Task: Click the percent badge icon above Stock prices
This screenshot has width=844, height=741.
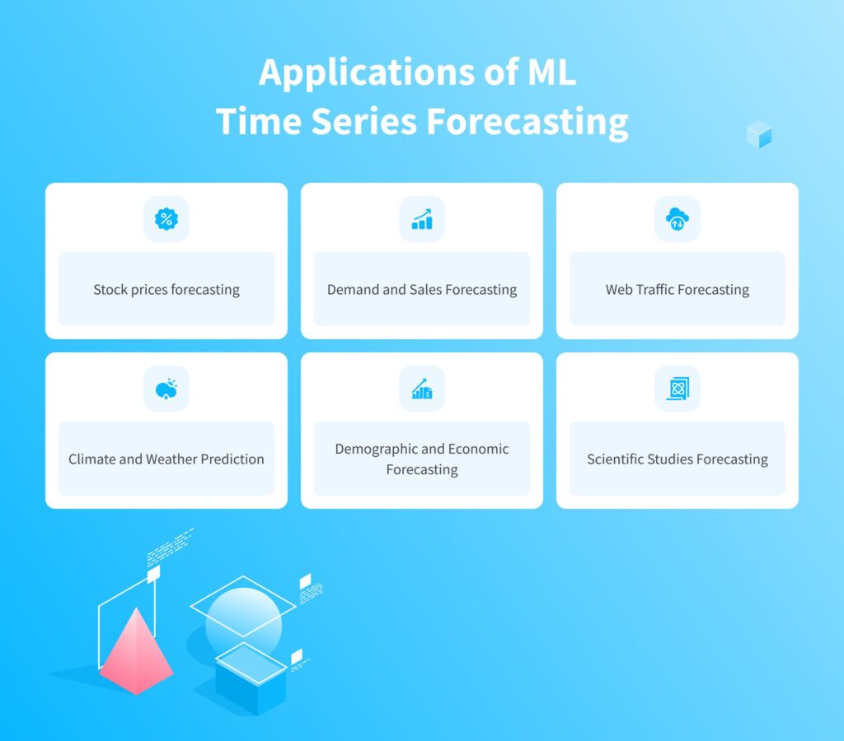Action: (x=166, y=219)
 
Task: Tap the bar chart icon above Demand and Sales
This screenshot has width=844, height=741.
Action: (x=422, y=219)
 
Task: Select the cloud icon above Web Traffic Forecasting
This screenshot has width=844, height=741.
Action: (x=678, y=219)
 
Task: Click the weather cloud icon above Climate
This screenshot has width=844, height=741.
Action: (x=166, y=389)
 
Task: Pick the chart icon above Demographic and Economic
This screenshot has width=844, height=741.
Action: (x=422, y=389)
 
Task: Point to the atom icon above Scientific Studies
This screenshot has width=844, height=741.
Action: (x=678, y=389)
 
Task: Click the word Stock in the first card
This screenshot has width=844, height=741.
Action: (x=110, y=289)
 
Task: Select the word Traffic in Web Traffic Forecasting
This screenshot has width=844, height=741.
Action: (x=655, y=289)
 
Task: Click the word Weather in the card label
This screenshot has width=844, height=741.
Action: (x=171, y=459)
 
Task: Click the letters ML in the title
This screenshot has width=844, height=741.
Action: (x=551, y=72)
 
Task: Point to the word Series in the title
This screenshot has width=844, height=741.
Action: (x=363, y=121)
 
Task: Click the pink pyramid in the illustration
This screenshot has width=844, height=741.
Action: (x=136, y=652)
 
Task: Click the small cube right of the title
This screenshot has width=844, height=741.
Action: (x=759, y=134)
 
